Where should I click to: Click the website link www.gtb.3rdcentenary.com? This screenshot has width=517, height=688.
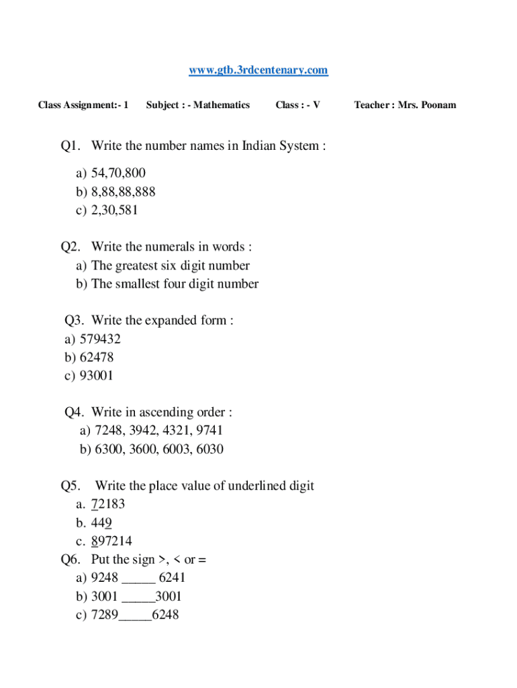click(258, 70)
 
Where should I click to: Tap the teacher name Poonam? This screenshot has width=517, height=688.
click(438, 105)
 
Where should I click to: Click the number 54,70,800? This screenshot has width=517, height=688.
click(118, 173)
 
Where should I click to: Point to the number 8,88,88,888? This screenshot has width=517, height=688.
click(123, 191)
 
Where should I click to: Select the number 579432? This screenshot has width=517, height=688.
click(100, 339)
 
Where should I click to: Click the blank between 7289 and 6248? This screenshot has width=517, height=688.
click(135, 615)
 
